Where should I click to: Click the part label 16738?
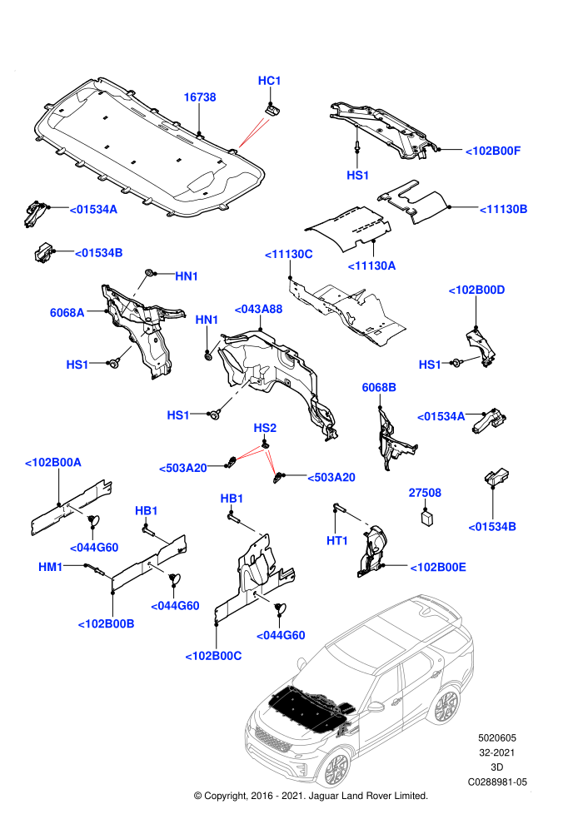click(200, 97)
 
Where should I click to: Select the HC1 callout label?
click(269, 81)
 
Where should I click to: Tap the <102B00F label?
click(493, 151)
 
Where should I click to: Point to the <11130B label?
click(503, 209)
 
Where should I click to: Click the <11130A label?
click(371, 266)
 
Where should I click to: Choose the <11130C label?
click(289, 255)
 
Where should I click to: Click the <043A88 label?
click(258, 309)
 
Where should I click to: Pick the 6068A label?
click(67, 313)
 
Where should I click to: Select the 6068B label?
click(379, 387)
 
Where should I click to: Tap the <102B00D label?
click(476, 290)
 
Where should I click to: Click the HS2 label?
click(265, 428)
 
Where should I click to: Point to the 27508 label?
click(425, 493)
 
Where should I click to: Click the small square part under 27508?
click(427, 518)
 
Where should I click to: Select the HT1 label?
click(337, 541)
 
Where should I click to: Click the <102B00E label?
click(438, 568)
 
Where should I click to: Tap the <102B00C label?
click(213, 657)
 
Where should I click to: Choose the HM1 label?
click(51, 567)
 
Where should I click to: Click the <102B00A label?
click(53, 463)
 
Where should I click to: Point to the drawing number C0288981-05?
click(497, 782)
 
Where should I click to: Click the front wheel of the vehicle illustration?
click(336, 769)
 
